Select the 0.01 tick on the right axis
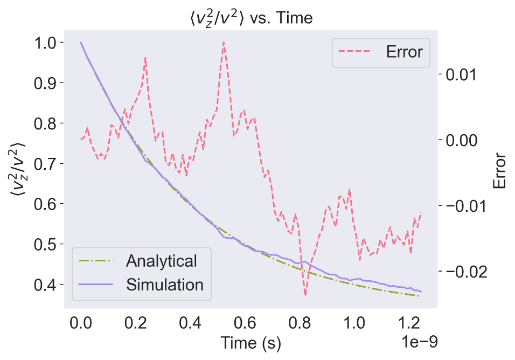pyautogui.click(x=462, y=74)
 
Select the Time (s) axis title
pyautogui.click(x=250, y=342)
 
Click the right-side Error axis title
pyautogui.click(x=499, y=171)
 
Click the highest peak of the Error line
pyautogui.click(x=223, y=42)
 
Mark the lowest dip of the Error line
pyautogui.click(x=305, y=295)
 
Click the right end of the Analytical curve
pyautogui.click(x=419, y=295)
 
